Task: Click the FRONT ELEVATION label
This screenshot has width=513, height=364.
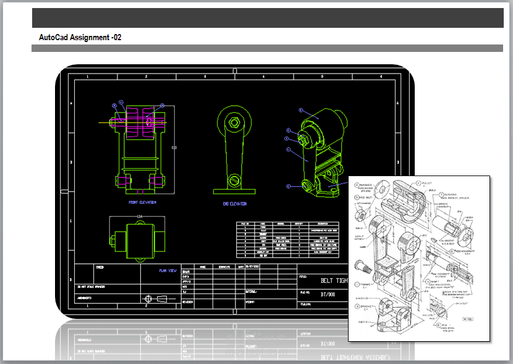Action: [142, 202]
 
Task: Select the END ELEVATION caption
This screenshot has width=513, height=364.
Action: [234, 203]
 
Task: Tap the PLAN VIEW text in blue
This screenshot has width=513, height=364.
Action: [167, 270]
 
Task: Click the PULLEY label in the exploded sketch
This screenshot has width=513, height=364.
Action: [427, 184]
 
